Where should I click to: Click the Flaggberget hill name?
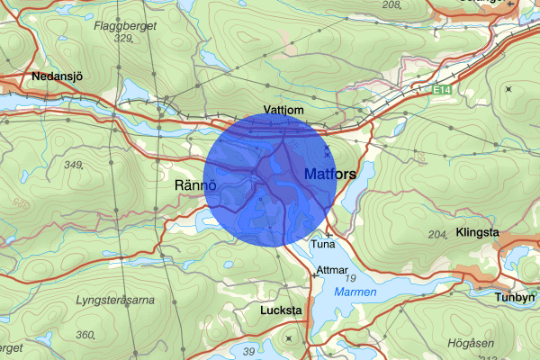click(125, 26)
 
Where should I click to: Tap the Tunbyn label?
click(517, 296)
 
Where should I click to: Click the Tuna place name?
click(322, 244)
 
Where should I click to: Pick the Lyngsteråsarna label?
click(115, 300)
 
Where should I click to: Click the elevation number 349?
click(74, 165)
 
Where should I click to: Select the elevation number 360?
click(86, 335)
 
